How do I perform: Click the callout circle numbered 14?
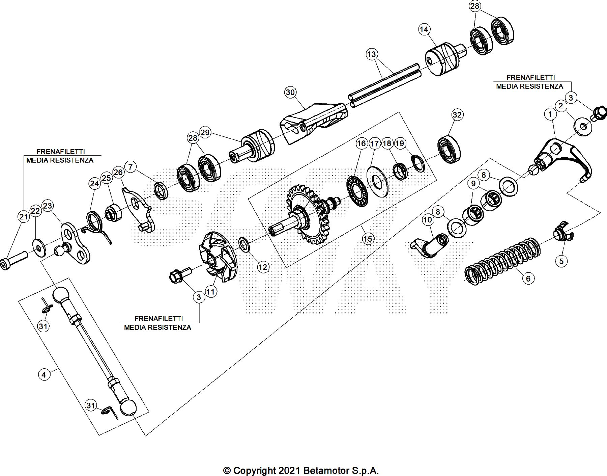point(424,29)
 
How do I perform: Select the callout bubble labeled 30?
point(290,92)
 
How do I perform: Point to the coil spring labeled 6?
point(502,260)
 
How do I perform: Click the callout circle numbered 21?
point(23,216)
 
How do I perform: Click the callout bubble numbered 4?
point(44,374)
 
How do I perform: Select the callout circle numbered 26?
point(118,173)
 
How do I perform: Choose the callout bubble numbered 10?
point(427,220)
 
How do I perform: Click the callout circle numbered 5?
point(561,261)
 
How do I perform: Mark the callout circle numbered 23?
point(48,206)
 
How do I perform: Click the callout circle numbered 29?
point(205,132)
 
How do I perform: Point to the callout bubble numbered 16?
point(361,143)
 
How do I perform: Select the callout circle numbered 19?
point(400,143)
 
